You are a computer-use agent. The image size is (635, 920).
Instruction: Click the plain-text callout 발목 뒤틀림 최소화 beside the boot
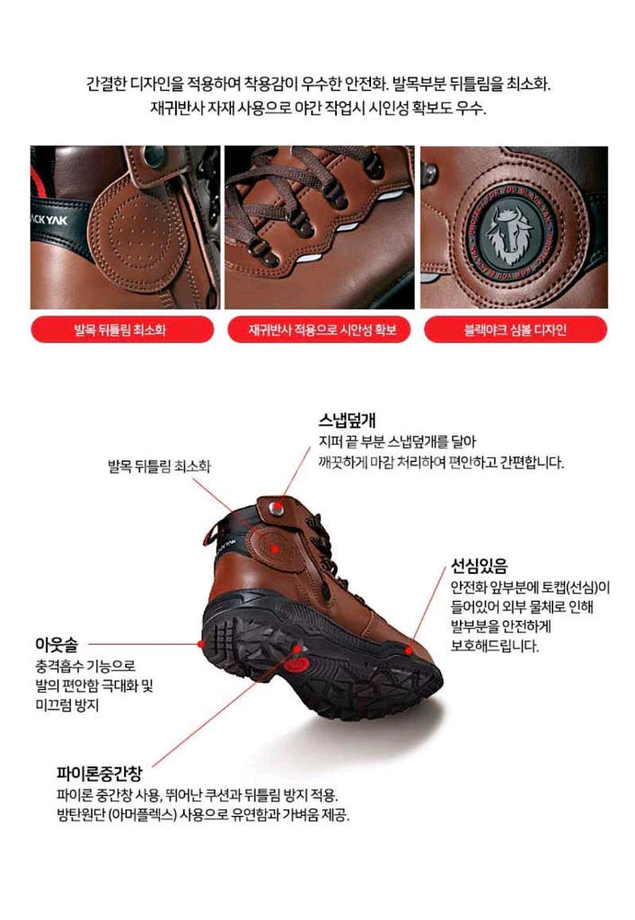pyautogui.click(x=160, y=466)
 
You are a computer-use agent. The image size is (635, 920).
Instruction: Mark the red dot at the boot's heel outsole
pyautogui.click(x=199, y=643)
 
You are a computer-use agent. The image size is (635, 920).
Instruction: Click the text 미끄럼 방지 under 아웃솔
pyautogui.click(x=62, y=705)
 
